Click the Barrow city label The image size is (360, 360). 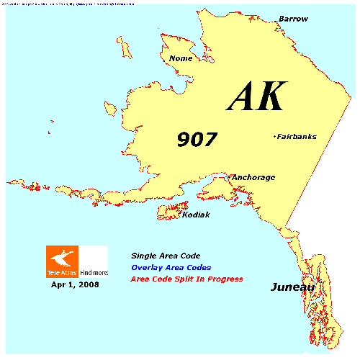click(293, 18)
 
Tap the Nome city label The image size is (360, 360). click(180, 59)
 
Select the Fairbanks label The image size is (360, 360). click(297, 137)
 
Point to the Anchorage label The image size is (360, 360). click(253, 177)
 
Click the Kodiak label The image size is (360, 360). click(196, 215)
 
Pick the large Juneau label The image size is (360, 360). click(293, 288)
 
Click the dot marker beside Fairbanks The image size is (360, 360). click(274, 136)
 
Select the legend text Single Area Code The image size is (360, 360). click(165, 256)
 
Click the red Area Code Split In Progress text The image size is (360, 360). click(186, 279)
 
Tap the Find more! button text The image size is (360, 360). click(94, 273)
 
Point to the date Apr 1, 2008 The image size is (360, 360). click(75, 285)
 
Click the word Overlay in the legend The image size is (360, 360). click(148, 267)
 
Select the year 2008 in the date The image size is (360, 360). click(89, 285)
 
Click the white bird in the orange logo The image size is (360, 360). click(63, 257)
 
